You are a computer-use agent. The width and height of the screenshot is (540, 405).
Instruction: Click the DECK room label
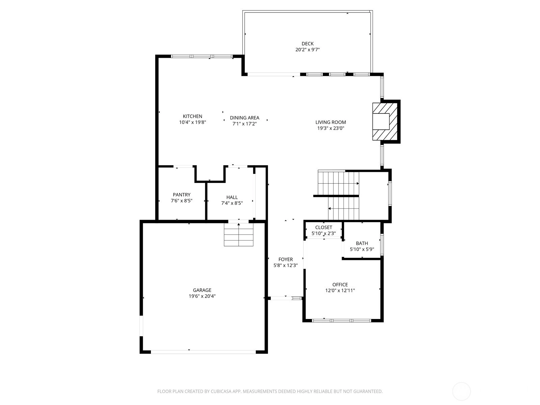tap(307, 44)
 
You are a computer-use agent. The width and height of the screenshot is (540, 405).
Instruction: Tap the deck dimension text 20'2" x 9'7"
tap(307, 50)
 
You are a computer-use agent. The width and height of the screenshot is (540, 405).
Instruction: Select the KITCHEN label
tap(192, 116)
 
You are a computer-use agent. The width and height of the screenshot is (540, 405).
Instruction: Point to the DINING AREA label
tap(245, 118)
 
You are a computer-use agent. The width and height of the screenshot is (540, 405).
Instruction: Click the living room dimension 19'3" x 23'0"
tap(331, 128)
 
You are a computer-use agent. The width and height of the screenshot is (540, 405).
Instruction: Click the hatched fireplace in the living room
tap(385, 122)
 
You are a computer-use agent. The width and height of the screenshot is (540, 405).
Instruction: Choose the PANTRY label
tap(182, 195)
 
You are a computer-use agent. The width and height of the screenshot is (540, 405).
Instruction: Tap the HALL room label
tap(232, 197)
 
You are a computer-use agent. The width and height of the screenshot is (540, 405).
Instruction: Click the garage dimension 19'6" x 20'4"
tap(202, 296)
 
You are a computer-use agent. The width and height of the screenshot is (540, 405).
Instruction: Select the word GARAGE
tap(202, 290)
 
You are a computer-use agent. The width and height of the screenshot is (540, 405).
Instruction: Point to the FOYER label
tap(286, 260)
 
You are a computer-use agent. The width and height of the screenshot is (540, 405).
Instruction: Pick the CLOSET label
tap(324, 227)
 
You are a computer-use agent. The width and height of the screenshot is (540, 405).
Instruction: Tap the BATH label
tap(362, 243)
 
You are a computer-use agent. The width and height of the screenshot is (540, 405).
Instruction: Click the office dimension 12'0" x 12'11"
tap(340, 290)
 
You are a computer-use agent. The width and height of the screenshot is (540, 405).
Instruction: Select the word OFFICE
tap(340, 285)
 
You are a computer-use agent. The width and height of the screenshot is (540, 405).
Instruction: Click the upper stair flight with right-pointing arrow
tap(339, 183)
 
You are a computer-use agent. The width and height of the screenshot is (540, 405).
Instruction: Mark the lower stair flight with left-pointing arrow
tap(344, 208)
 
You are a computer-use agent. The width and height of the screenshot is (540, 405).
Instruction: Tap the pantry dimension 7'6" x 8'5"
tap(182, 201)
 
